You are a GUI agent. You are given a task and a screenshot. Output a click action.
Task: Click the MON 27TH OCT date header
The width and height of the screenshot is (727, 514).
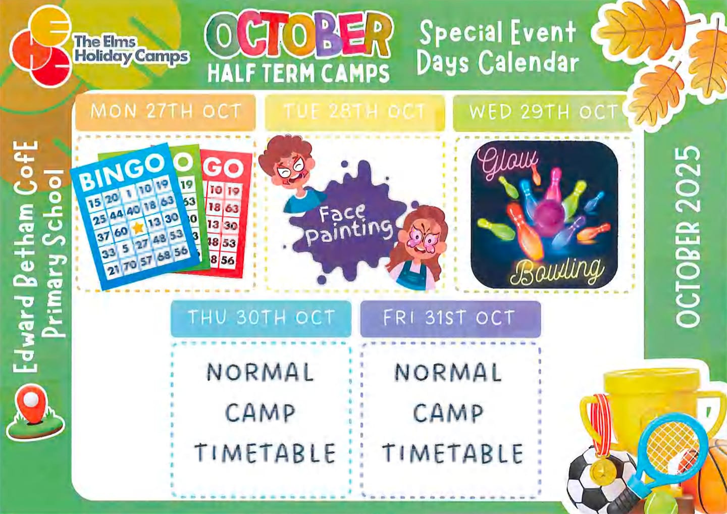point(166,111)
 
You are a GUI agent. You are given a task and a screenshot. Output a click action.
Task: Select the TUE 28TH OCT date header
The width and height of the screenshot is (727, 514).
point(355,112)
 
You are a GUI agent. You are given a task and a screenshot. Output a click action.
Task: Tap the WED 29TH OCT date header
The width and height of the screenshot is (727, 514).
point(542,112)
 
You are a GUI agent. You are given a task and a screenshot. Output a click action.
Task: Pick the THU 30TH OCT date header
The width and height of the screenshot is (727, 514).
point(262,318)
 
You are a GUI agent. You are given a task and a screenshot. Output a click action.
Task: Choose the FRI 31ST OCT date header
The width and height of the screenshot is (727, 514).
point(450,318)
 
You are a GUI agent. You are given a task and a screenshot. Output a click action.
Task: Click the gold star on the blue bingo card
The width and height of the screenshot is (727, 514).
point(138,228)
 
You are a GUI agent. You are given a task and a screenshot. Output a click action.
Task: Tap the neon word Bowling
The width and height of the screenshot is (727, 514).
point(557,272)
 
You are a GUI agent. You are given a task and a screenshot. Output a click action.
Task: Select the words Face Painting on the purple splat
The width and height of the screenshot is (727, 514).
point(348,226)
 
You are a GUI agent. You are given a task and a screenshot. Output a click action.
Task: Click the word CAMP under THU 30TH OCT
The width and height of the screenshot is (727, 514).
point(261,413)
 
